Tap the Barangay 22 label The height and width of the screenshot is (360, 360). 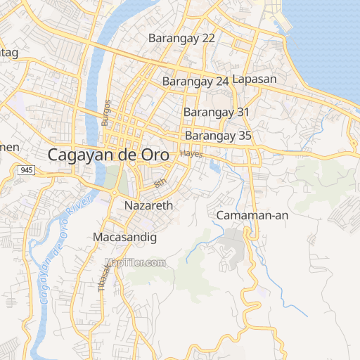[181, 38]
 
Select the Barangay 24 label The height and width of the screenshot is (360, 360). [195, 82]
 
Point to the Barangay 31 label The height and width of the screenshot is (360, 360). [217, 112]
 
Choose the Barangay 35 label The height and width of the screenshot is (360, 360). [218, 136]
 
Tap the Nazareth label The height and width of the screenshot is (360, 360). [148, 206]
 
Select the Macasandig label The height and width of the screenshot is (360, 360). [124, 238]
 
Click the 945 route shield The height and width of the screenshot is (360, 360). [27, 171]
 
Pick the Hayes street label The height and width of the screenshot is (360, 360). [191, 153]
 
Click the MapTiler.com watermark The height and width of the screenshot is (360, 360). [135, 263]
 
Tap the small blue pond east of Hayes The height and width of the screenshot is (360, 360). [214, 167]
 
